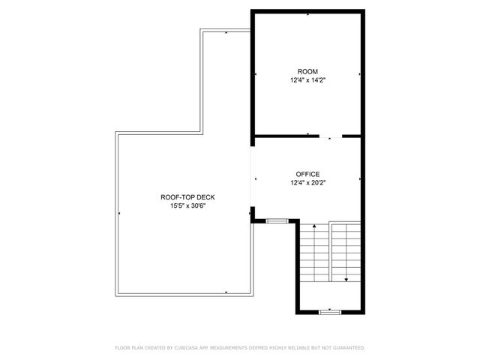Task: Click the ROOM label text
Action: (307, 72)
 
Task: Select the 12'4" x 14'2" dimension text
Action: (307, 80)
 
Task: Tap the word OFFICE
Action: (307, 173)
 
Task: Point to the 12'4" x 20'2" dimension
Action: (307, 181)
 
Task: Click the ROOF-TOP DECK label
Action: (183, 197)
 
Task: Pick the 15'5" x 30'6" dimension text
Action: (183, 205)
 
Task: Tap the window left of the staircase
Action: (277, 220)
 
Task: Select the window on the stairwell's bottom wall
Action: (329, 310)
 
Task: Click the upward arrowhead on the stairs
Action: (313, 224)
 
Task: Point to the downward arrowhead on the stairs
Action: (346, 280)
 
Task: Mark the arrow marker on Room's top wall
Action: (307, 13)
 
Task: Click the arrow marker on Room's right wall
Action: (360, 74)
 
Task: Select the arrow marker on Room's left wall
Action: (256, 74)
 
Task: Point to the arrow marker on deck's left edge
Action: (119, 214)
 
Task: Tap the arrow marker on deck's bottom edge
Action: (226, 291)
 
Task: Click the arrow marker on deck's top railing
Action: (226, 32)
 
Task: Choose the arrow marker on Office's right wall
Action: (360, 178)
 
